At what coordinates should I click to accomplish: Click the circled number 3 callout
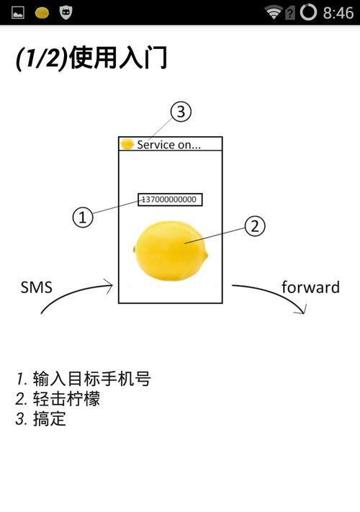tap(181, 112)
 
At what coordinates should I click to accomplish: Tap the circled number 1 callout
tap(83, 217)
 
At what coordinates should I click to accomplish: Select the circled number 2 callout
tap(255, 226)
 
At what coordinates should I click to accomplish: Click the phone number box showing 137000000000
tap(170, 199)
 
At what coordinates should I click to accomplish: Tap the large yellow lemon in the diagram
tap(171, 251)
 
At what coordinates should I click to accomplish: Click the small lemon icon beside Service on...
tap(127, 144)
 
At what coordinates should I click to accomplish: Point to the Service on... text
tap(168, 144)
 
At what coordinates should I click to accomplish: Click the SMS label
tap(36, 287)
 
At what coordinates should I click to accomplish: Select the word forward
tap(310, 287)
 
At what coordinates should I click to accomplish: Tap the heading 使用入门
tap(118, 58)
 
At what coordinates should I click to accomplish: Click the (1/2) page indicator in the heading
tap(42, 58)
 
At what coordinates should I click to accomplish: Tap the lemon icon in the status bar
tap(42, 13)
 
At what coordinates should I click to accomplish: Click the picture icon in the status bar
tap(18, 13)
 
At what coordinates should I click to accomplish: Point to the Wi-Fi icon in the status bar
tap(273, 12)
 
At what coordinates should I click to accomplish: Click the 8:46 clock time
tap(338, 13)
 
